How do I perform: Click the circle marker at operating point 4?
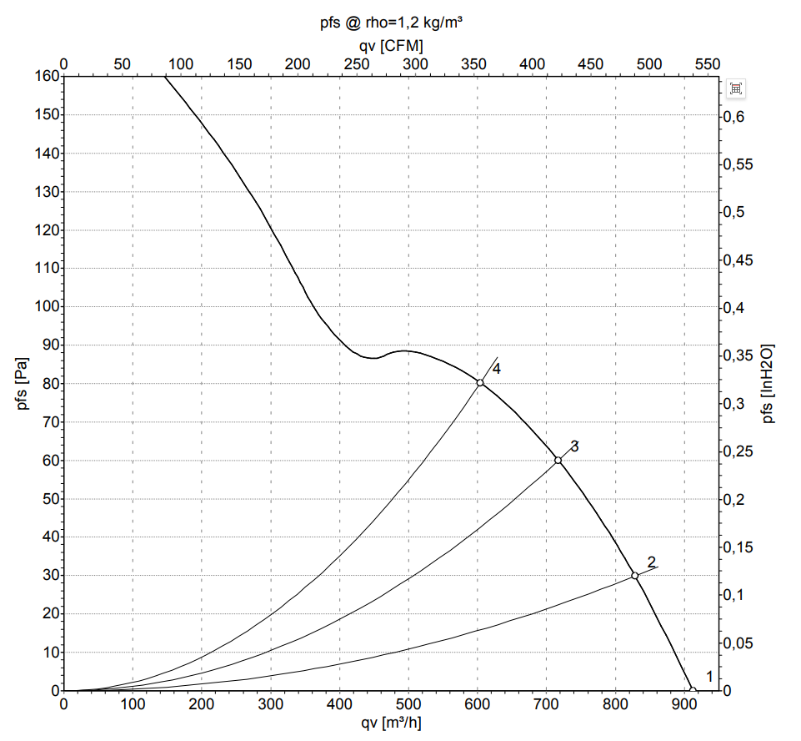479,382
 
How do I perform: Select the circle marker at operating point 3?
558,461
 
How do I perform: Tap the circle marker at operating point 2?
634,576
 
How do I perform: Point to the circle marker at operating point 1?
693,690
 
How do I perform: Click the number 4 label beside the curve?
496,369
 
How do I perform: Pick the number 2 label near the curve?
651,562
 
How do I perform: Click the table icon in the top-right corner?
736,88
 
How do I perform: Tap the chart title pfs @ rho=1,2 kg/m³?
391,23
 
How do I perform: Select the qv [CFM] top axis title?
391,46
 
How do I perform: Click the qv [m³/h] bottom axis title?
391,723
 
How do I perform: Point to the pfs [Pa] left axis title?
23,383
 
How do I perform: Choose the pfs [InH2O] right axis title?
768,384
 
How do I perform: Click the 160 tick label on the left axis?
47,76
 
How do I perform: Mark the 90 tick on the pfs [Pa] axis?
51,345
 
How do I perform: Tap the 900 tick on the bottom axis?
684,704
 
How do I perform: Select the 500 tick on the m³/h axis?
408,704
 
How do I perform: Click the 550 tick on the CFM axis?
708,64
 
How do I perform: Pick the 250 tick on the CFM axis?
356,64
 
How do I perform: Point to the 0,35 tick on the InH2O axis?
738,355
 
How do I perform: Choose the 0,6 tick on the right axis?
734,117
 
